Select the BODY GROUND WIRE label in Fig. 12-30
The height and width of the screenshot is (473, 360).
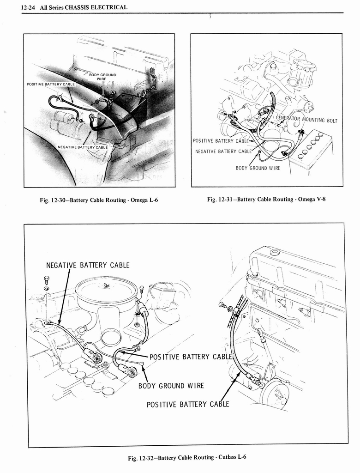coord(102,77)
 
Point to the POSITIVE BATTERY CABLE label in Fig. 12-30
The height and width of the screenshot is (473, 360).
coord(50,85)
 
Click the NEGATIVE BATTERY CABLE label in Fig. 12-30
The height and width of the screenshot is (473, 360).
coord(82,147)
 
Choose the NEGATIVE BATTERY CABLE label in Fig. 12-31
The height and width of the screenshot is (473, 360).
coord(223,151)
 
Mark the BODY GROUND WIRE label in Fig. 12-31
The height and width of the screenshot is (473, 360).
coord(258,168)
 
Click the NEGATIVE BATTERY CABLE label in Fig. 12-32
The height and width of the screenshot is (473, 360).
coord(88,265)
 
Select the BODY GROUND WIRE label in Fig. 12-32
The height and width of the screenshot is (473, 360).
coord(171,386)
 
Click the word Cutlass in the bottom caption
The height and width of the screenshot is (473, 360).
coord(225,457)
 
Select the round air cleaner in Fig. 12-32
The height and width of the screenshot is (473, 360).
coord(106,291)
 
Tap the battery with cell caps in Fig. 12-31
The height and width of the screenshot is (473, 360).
coord(310,149)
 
